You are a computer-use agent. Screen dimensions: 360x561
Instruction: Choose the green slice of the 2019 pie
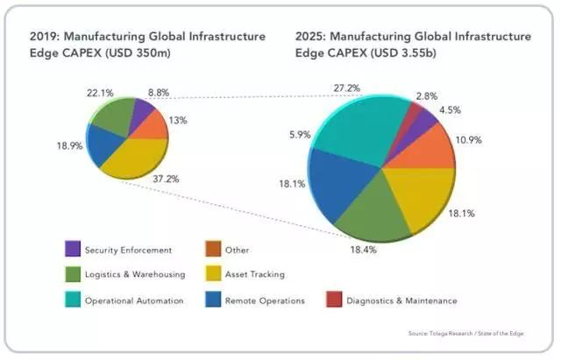pyautogui.click(x=114, y=118)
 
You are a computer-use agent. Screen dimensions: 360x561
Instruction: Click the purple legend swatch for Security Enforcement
pyautogui.click(x=73, y=250)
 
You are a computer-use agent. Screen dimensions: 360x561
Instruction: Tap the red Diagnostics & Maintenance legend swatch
pyautogui.click(x=332, y=300)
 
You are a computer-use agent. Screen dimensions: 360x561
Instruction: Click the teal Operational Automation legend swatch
pyautogui.click(x=73, y=300)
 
